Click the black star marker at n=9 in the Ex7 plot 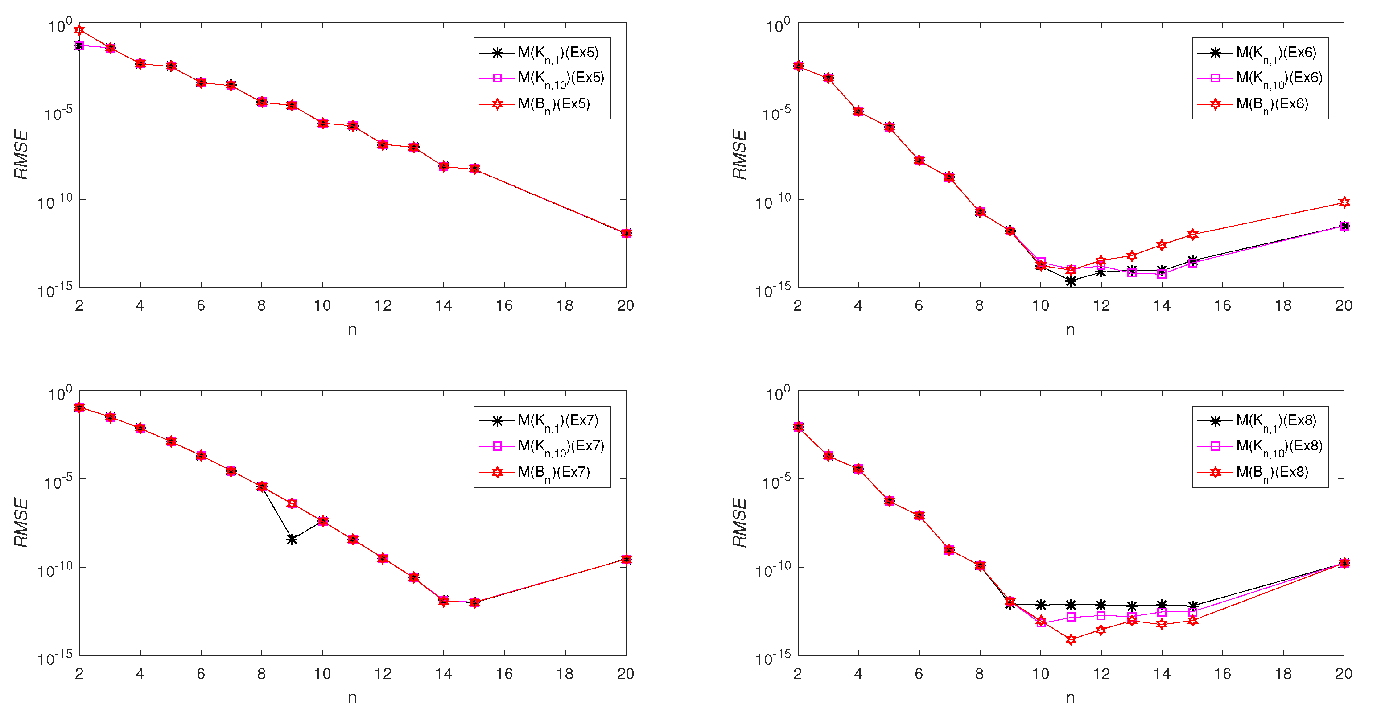click(x=292, y=539)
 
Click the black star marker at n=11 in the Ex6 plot click(x=1071, y=281)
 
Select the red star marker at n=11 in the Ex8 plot click(x=1071, y=639)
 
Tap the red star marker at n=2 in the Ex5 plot click(x=79, y=29)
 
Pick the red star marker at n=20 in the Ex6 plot click(x=1344, y=202)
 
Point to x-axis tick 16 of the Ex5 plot click(x=504, y=306)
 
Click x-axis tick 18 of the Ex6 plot click(x=1283, y=306)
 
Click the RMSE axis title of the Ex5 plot click(x=21, y=155)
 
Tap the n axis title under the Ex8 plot click(x=1070, y=698)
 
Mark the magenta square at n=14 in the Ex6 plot click(x=1162, y=274)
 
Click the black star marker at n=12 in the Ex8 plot click(x=1101, y=605)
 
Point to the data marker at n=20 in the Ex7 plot click(x=627, y=559)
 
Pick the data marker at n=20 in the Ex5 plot click(x=627, y=233)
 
